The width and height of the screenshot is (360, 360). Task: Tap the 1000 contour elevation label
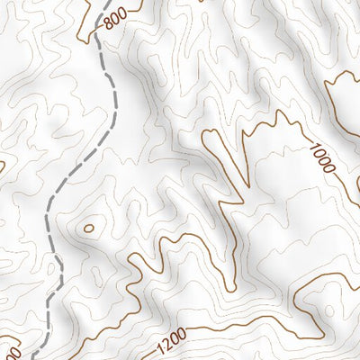click(322, 159)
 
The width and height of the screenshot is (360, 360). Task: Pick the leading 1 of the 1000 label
click(313, 146)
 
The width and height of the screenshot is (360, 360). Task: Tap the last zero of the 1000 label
click(330, 172)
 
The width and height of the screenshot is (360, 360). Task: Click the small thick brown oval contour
click(88, 228)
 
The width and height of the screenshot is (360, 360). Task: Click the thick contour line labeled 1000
click(270, 121)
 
